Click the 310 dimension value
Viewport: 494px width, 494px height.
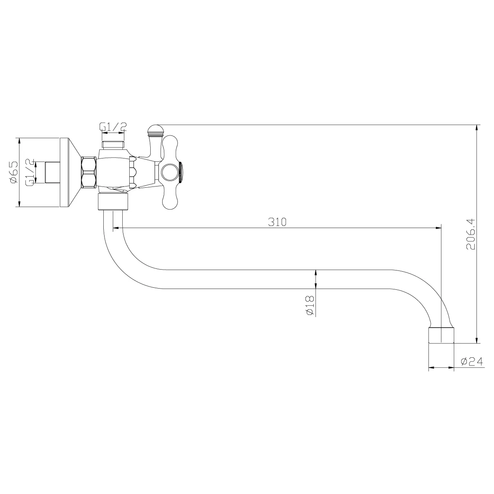(277, 222)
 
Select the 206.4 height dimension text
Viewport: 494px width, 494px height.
(471, 234)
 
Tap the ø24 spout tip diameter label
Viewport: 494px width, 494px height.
(472, 361)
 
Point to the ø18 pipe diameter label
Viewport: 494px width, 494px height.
(310, 305)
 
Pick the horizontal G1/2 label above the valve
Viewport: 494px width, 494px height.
(113, 127)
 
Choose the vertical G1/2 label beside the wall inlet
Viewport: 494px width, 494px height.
(30, 172)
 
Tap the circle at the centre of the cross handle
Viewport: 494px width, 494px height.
(170, 172)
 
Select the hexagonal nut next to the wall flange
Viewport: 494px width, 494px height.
(89, 173)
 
